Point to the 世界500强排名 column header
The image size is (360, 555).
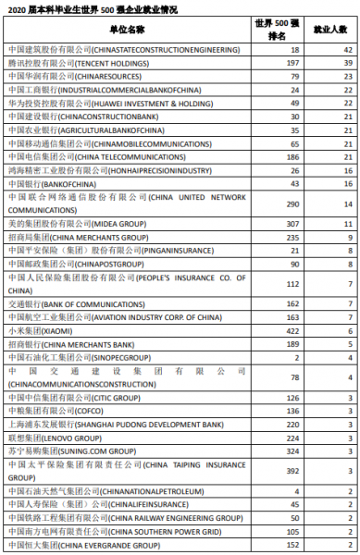click(x=294, y=31)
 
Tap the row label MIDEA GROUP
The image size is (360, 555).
click(x=65, y=224)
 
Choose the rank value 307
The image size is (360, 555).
click(x=294, y=224)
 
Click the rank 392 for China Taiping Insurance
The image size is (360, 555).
click(x=294, y=470)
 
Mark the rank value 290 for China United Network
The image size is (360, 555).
click(x=294, y=203)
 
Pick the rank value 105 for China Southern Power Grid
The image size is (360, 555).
click(x=294, y=532)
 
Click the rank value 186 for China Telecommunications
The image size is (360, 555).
click(x=294, y=157)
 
